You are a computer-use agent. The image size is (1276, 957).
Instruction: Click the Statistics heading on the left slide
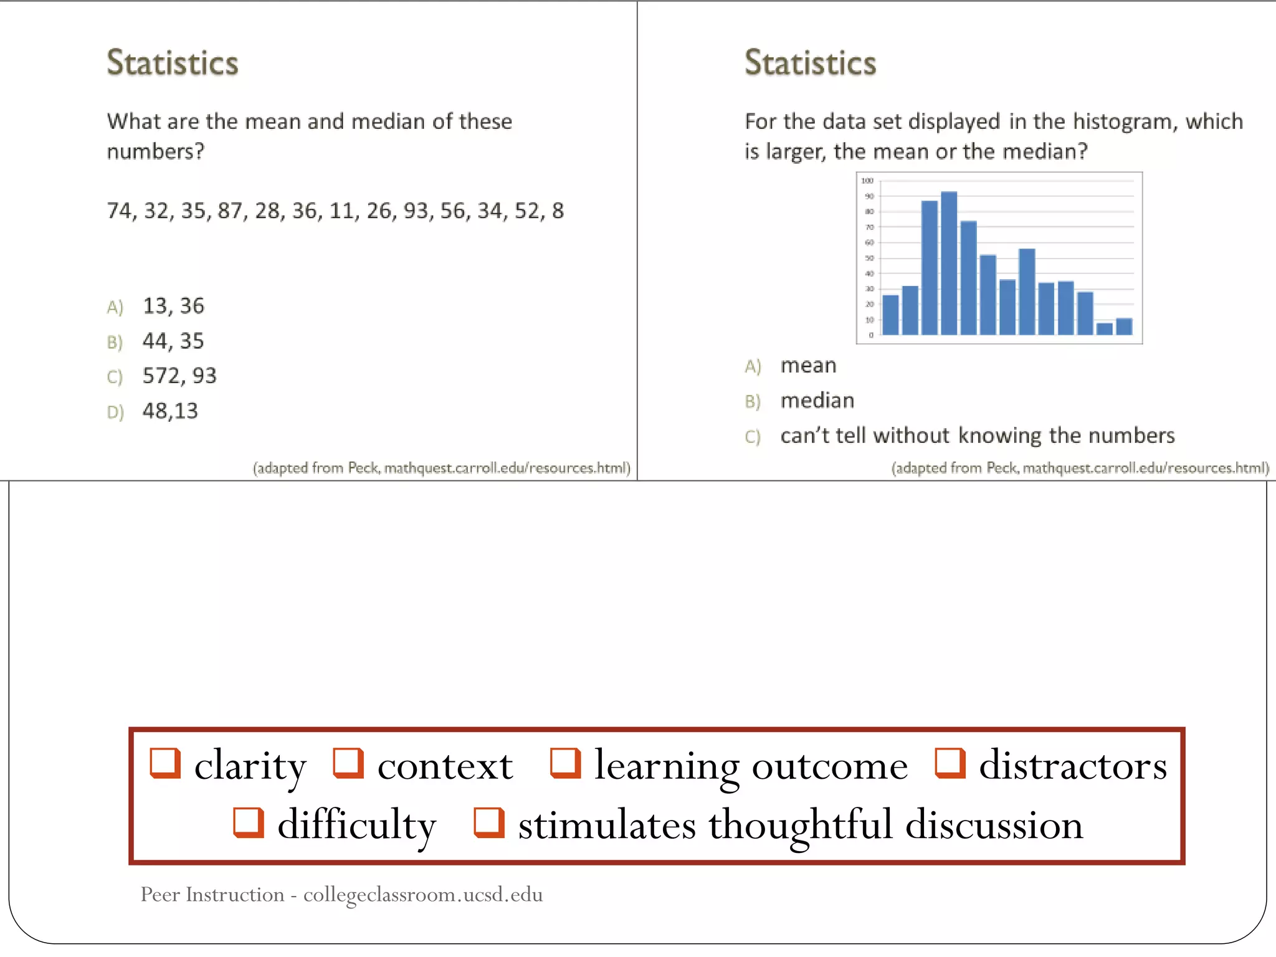[x=173, y=63]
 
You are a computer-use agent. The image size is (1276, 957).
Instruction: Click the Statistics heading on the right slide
[x=810, y=63]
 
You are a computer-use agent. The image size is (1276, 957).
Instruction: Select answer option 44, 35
[x=173, y=341]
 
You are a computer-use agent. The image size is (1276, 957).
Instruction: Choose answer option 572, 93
[x=179, y=376]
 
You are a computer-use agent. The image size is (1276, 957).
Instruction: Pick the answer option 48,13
[x=169, y=411]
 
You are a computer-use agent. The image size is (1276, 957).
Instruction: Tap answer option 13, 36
[x=173, y=306]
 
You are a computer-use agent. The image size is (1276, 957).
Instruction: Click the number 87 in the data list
[x=230, y=211]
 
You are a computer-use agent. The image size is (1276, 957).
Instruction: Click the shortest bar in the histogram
[x=1104, y=328]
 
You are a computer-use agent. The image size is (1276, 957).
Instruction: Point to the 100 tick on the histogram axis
[x=867, y=181]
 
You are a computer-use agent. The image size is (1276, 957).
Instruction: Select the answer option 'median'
[x=817, y=401]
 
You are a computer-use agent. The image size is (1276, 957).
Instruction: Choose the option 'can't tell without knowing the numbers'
[x=977, y=436]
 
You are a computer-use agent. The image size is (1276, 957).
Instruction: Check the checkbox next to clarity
[x=165, y=763]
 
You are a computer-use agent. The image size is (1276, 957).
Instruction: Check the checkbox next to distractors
[x=950, y=763]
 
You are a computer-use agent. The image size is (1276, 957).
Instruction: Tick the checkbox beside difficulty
[x=248, y=822]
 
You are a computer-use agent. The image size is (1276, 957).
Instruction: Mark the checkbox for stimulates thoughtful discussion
[x=488, y=822]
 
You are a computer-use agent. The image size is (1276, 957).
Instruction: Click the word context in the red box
[x=445, y=766]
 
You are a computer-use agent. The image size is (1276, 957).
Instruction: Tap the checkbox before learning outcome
[x=565, y=763]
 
